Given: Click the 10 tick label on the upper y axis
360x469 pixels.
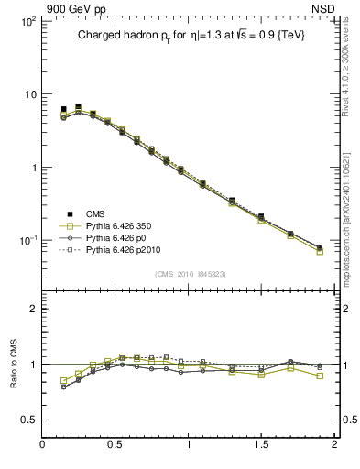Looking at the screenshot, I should tap(29, 94).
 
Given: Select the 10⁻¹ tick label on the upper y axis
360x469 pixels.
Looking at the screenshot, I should tap(27, 241).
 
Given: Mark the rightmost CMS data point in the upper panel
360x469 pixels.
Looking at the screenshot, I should tap(320, 247).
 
